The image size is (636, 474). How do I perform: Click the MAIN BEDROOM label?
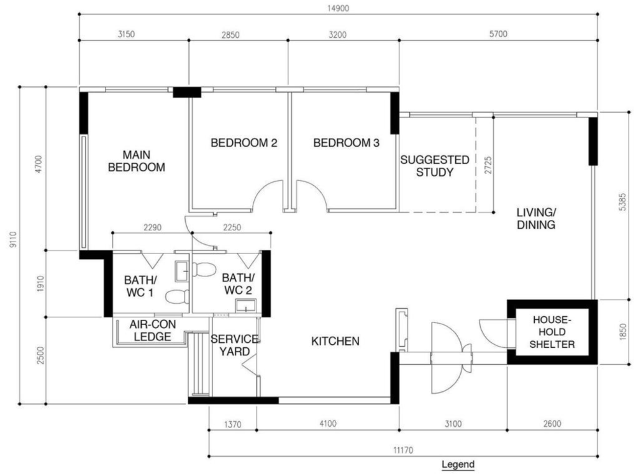click(137, 161)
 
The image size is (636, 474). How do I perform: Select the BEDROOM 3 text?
click(346, 143)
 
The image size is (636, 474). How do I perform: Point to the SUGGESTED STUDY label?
click(434, 166)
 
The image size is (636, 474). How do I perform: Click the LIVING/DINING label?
click(535, 219)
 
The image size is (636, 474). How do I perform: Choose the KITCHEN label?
click(335, 341)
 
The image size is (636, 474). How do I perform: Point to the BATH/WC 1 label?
click(138, 286)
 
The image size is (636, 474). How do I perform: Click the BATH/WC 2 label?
click(238, 283)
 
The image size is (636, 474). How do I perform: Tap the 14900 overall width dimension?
click(338, 7)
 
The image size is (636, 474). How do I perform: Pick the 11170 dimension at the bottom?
click(404, 450)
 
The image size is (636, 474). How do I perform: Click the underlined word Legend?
click(458, 464)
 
